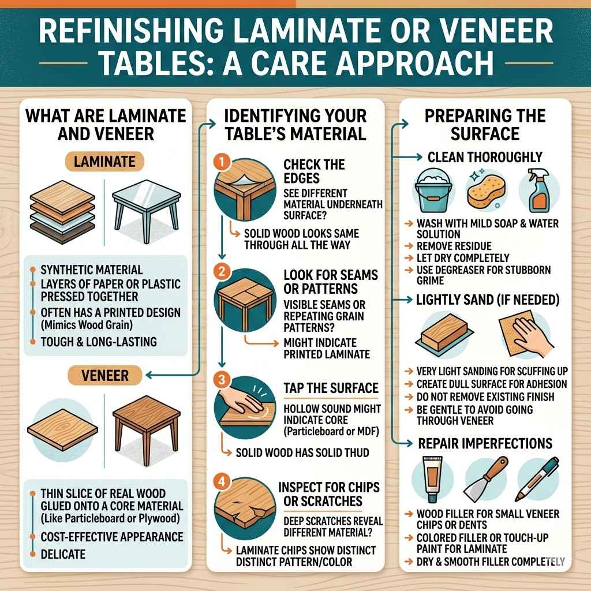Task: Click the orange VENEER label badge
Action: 105,376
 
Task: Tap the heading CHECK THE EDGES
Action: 315,171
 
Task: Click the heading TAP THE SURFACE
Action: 330,388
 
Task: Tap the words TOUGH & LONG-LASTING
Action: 99,342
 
